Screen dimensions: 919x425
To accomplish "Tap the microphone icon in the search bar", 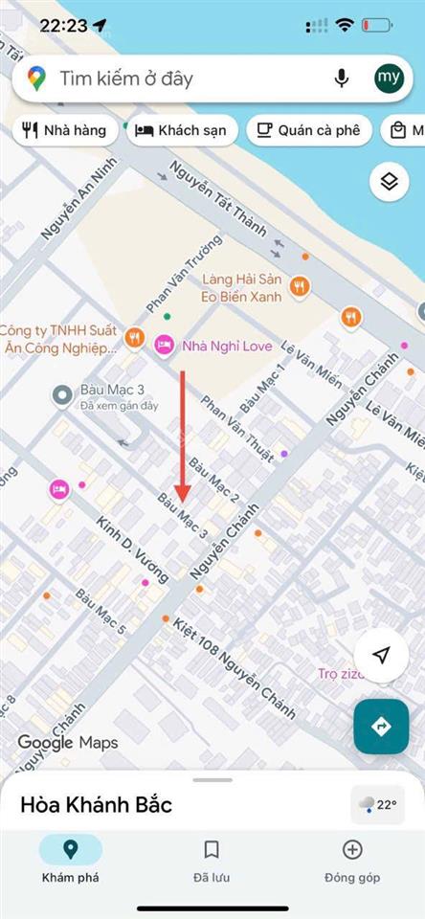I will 341,78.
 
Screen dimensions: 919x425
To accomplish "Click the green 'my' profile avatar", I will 389,78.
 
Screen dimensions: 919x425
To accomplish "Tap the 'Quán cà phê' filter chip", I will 308,130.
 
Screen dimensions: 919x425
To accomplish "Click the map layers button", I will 389,182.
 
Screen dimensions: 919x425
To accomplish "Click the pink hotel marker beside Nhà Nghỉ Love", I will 164,345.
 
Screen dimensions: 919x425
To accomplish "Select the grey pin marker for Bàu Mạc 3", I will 62,393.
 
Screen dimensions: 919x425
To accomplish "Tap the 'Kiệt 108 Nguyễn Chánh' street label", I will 234,665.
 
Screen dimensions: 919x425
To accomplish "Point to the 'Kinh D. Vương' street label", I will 132,549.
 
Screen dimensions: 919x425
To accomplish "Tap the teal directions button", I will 381,728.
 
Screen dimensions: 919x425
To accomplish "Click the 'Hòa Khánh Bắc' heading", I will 96,805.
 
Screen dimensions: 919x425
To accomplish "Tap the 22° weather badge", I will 377,805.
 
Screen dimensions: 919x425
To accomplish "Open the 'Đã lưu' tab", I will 212,861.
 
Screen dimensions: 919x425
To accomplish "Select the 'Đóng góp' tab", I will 352,861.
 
